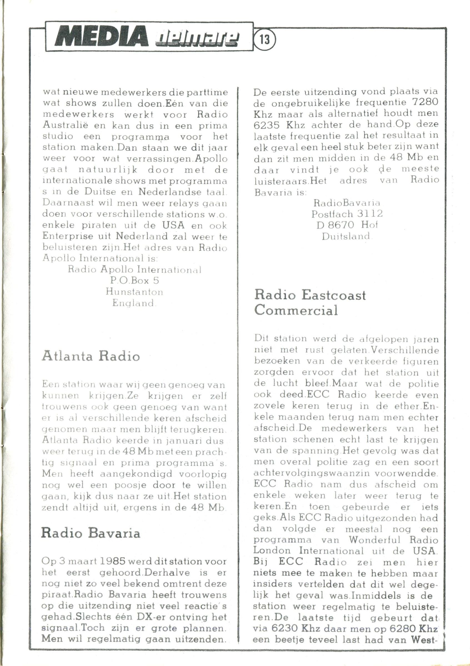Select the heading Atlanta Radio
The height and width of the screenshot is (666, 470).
[91, 356]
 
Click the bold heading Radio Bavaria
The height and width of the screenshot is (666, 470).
[91, 533]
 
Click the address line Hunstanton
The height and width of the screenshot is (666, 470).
[134, 292]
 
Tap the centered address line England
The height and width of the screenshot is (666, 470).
[134, 303]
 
